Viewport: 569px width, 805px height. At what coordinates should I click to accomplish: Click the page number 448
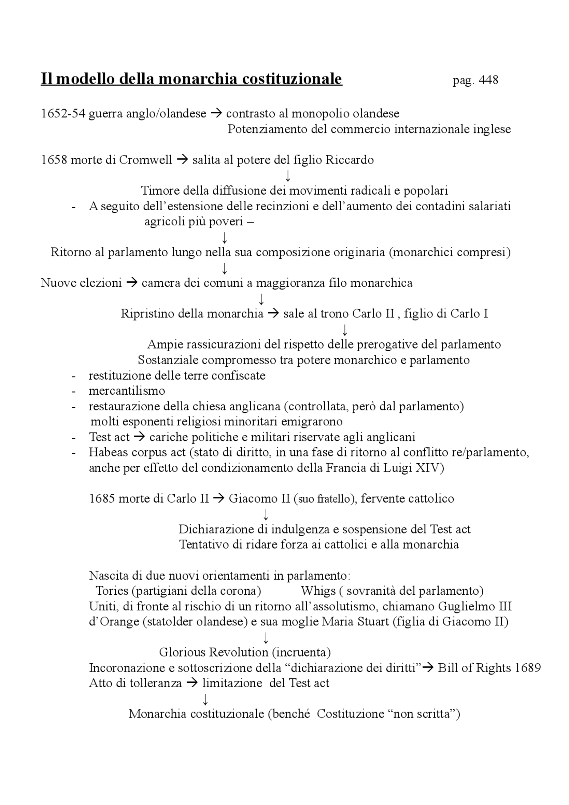coord(489,80)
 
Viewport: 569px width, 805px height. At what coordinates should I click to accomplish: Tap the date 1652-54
coord(63,114)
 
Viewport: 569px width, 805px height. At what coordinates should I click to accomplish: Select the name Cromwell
coord(145,160)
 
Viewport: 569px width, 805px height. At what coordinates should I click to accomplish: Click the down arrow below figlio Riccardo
coord(288,176)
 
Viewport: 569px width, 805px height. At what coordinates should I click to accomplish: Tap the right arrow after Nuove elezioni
coord(132,283)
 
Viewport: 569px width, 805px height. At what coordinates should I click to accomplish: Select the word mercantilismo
coord(127,391)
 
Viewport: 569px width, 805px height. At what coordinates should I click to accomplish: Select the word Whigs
coord(318,591)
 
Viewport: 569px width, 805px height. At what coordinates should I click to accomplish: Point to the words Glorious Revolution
coord(213,653)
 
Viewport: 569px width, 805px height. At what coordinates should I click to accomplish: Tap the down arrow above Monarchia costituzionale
coord(205,699)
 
